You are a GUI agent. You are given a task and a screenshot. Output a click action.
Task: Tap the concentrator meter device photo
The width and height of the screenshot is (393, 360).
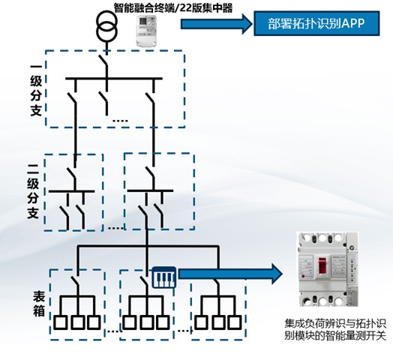click(145, 31)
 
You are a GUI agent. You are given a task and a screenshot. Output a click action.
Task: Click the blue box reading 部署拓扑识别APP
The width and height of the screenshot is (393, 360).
click(316, 23)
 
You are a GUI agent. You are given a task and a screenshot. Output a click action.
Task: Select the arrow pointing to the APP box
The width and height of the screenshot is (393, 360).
click(217, 24)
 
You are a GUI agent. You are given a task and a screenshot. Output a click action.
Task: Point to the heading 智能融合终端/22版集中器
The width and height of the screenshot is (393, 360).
click(173, 7)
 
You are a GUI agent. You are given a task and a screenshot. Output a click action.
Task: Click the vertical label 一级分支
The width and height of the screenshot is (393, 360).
click(36, 91)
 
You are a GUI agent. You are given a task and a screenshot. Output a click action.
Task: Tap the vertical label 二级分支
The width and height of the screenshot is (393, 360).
click(33, 191)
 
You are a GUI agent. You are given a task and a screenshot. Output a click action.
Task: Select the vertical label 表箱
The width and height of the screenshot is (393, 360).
click(39, 304)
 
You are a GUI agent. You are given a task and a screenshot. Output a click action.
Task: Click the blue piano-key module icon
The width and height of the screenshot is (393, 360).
click(164, 277)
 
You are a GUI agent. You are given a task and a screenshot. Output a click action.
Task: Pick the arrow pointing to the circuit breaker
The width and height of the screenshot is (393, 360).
click(230, 274)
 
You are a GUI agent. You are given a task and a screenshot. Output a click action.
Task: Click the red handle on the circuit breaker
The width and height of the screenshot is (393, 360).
click(322, 265)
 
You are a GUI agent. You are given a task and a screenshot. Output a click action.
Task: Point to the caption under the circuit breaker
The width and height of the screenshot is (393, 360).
click(334, 329)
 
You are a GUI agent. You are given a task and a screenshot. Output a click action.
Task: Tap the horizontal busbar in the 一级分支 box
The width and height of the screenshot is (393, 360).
click(114, 79)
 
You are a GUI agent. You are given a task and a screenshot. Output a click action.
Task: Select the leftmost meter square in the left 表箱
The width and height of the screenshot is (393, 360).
click(61, 322)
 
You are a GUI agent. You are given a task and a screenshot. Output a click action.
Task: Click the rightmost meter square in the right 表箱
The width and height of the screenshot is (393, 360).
click(235, 322)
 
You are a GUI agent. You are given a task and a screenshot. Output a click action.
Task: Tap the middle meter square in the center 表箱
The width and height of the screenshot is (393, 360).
click(146, 322)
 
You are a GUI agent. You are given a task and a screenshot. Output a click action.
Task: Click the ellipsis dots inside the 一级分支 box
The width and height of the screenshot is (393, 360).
click(120, 121)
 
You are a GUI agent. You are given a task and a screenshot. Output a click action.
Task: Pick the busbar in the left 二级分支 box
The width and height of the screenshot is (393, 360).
click(72, 191)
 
